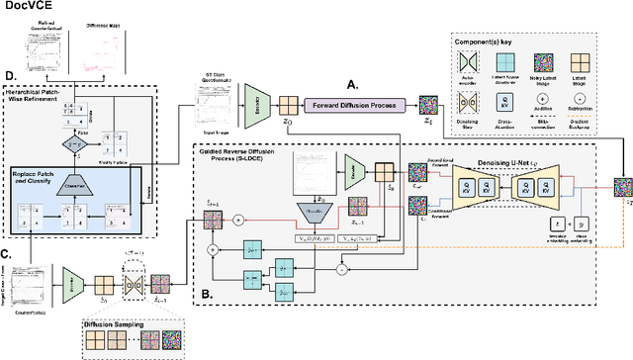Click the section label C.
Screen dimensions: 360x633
click(10, 256)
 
